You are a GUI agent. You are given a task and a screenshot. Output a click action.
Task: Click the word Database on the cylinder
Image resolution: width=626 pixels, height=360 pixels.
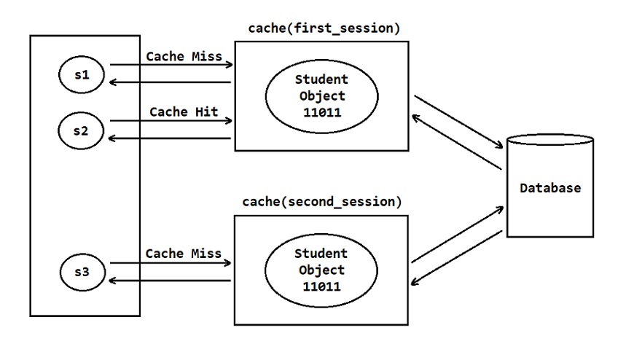click(x=550, y=188)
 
